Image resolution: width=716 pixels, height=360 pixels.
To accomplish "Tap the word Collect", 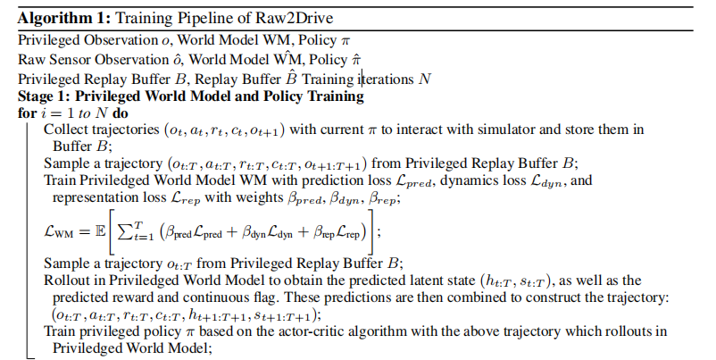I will click(66, 130).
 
